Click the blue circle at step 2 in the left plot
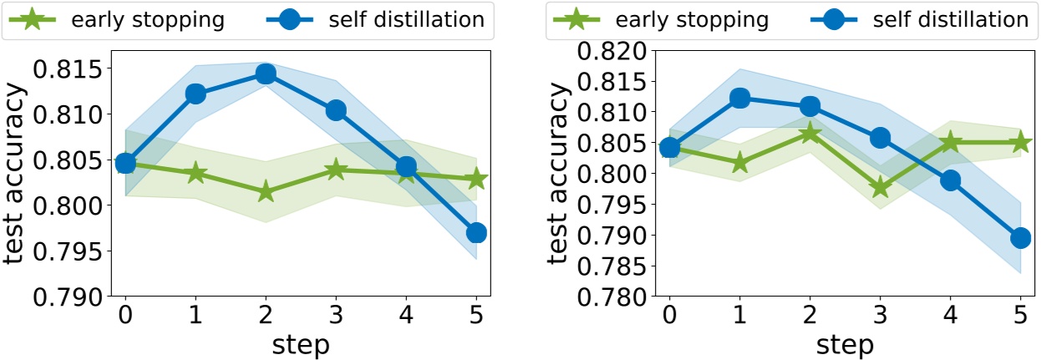click(x=266, y=74)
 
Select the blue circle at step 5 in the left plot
click(x=476, y=233)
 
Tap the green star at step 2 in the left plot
click(x=266, y=191)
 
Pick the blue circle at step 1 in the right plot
click(x=739, y=98)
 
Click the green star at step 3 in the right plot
click(x=880, y=187)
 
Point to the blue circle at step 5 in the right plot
click(x=1020, y=238)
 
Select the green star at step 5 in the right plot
click(x=1020, y=143)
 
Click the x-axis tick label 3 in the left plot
click(x=336, y=316)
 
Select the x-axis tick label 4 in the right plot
click(x=950, y=316)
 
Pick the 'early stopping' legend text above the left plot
click(x=155, y=20)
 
